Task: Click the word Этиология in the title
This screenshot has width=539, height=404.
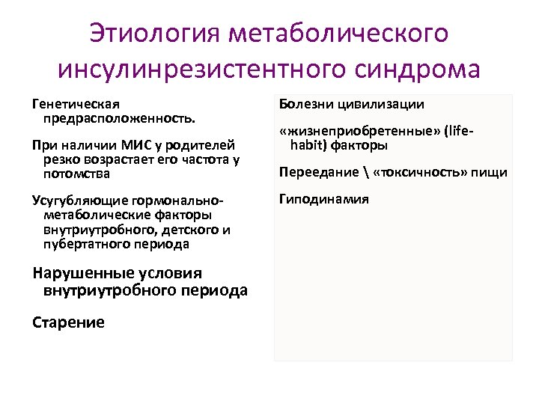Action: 156,34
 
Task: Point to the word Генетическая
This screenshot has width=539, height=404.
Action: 76,105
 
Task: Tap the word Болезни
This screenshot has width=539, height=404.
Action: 305,105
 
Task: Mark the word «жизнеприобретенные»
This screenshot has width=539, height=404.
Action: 360,131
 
